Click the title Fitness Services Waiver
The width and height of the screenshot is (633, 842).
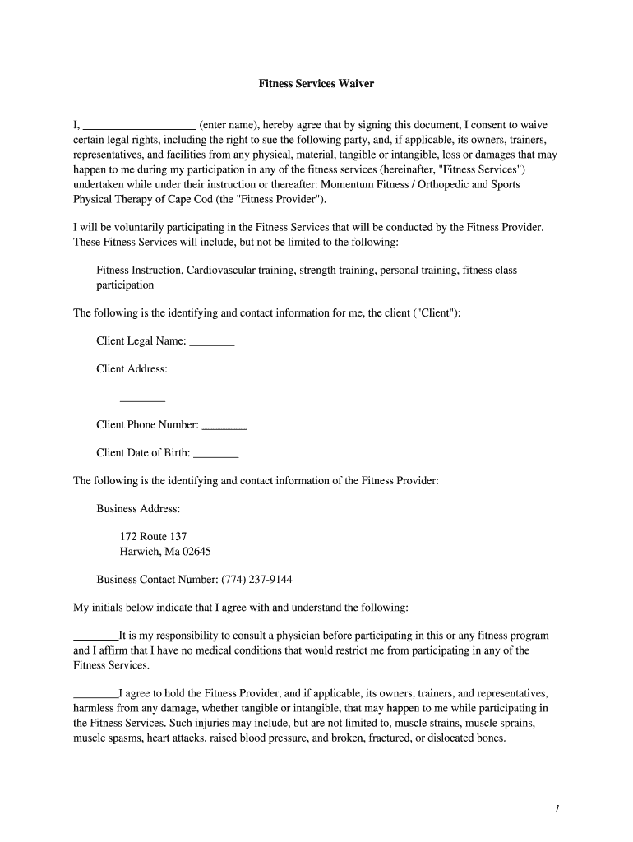pos(316,84)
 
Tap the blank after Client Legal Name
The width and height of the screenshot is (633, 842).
pos(212,342)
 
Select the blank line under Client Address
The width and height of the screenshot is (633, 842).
pos(143,399)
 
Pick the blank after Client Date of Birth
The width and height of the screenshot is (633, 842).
pos(216,454)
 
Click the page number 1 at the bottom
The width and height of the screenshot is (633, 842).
pos(557,809)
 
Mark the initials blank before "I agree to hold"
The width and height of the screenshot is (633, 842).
pos(96,694)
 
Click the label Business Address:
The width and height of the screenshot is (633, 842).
pos(138,509)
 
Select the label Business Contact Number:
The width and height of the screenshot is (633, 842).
pos(157,580)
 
